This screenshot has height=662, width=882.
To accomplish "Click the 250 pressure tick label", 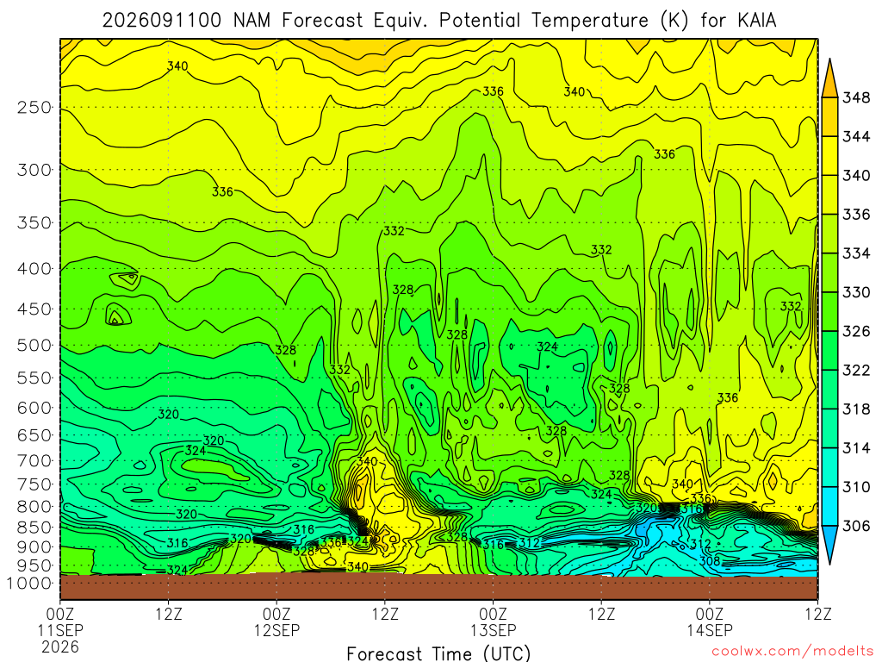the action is pos(34,107).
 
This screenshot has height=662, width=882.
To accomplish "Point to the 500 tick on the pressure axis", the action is pos(34,345).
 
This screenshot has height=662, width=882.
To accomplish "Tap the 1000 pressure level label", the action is pos(30,584).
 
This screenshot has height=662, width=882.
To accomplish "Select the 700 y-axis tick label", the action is pos(34,460).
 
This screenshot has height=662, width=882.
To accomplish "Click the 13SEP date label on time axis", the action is pos(494,630).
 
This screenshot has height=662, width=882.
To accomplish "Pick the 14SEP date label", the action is pos(710,630).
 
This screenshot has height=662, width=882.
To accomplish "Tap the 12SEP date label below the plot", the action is pos(276,630).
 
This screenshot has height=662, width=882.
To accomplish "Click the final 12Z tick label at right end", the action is pos(817,614).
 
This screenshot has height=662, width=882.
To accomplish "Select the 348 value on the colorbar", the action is pos(855,98).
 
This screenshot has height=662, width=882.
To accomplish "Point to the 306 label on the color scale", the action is pos(855,526).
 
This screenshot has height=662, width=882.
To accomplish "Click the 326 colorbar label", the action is pos(855,332).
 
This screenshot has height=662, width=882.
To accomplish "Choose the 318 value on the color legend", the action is pos(855,409).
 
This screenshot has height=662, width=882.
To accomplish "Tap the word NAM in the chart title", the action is pos(252,21).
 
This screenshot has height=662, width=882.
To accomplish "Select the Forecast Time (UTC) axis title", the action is pos(438,653).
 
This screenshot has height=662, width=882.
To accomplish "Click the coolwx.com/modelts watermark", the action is pos(792,652).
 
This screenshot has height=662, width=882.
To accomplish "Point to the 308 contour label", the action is pos(710,560).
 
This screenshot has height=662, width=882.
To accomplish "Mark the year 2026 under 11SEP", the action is pos(60,646).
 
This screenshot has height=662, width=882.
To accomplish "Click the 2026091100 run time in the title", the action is pos(161,21).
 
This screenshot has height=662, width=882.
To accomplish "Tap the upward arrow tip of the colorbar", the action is pos(829,59).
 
